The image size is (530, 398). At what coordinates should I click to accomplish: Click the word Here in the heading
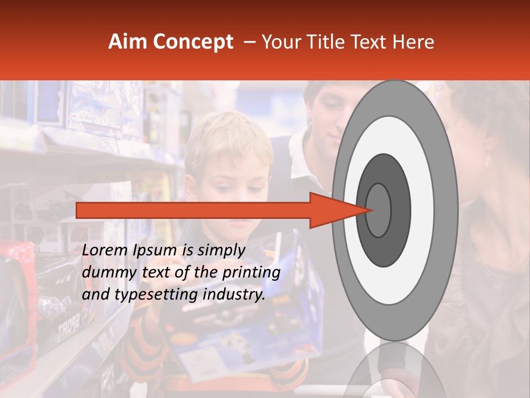414,42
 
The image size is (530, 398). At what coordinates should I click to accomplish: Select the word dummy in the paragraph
108,273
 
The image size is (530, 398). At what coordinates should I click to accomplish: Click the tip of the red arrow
373,210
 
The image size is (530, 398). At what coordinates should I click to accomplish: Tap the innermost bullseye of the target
379,210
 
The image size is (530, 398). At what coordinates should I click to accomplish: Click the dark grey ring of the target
400,210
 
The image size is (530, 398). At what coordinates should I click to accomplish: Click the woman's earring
487,161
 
